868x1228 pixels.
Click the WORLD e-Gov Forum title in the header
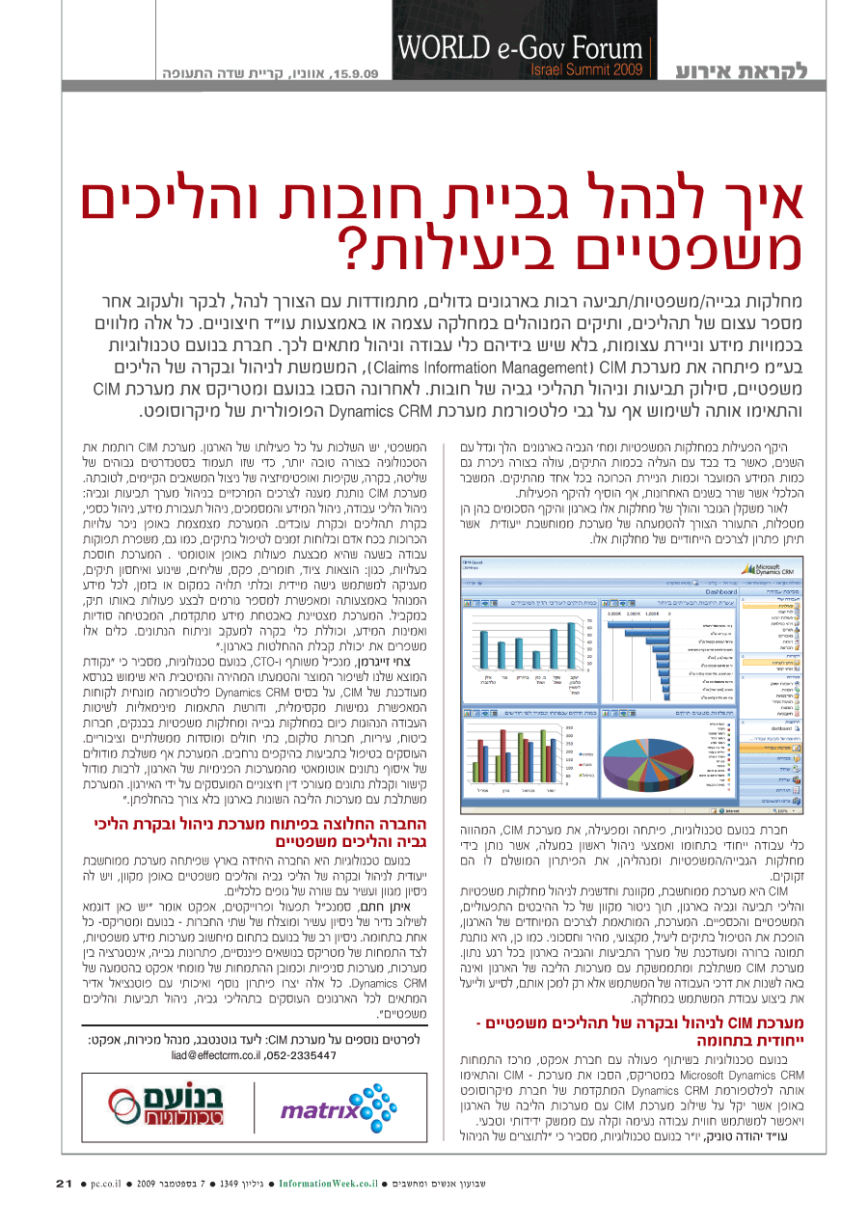tap(518, 49)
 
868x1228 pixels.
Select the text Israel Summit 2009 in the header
tap(586, 69)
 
